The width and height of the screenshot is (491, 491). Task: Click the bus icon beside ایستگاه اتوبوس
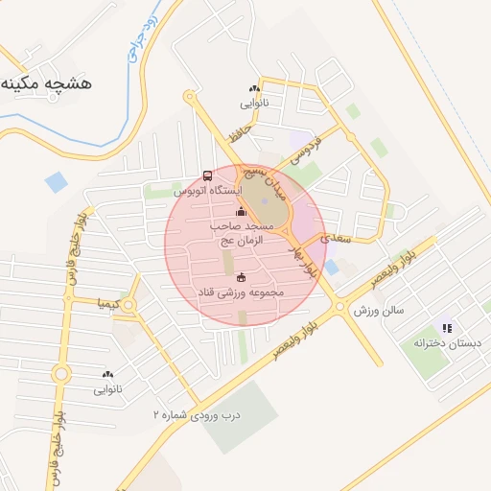208,176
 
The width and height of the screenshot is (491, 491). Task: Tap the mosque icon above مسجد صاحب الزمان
240,212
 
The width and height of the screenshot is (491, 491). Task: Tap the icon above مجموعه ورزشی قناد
240,277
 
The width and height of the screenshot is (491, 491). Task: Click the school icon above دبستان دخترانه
446,328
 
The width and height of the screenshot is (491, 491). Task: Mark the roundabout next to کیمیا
129,305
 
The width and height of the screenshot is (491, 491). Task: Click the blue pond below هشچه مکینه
57,181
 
